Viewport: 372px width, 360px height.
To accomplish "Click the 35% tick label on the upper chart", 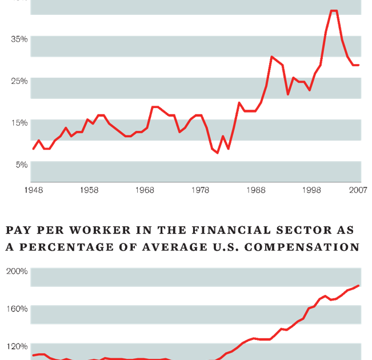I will tap(20, 39).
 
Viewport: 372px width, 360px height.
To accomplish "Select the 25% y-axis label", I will tap(20, 81).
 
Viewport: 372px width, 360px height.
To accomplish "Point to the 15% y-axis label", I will tap(20, 122).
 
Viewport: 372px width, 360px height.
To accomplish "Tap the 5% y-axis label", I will tap(22, 165).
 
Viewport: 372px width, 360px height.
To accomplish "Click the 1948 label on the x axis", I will tap(33, 190).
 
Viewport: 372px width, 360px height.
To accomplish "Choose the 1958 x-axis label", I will tap(89, 190).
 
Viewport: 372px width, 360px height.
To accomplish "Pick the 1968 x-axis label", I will tap(145, 190).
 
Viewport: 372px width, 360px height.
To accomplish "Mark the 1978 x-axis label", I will tap(201, 190).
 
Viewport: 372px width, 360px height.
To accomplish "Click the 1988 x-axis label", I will tap(257, 190).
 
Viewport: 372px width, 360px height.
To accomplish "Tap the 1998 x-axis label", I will tap(312, 190).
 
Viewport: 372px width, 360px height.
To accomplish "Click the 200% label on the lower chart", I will tap(17, 271).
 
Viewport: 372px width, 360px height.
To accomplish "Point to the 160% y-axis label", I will tap(17, 309).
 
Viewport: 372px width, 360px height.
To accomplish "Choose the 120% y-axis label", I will tap(17, 346).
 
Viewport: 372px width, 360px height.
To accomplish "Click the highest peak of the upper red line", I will tap(334, 11).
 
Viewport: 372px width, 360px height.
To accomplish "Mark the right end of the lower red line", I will tap(358, 286).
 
